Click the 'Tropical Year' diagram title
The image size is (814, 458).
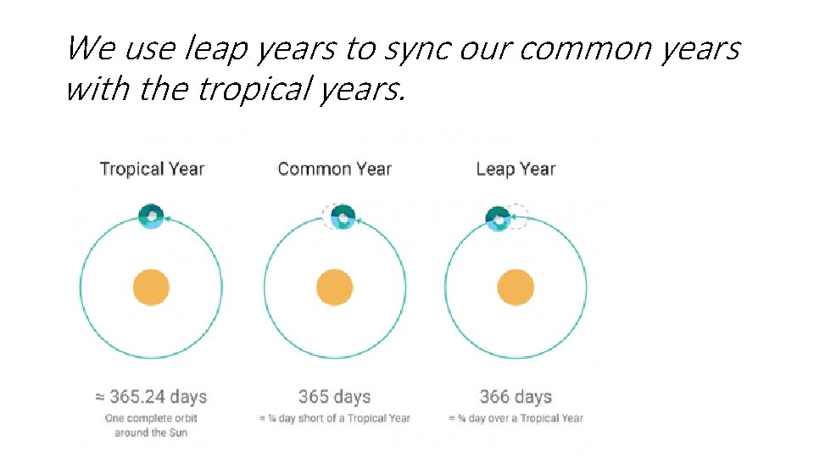point(152,168)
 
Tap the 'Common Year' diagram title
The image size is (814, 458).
point(334,168)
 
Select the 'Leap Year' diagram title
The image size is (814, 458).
point(516,168)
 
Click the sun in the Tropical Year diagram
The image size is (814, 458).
point(151,288)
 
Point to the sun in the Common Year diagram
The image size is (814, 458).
point(334,288)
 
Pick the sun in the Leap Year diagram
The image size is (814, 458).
point(516,288)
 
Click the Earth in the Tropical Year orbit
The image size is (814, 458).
point(151,216)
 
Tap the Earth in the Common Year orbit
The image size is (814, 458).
point(343,217)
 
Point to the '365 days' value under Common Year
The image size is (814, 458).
point(334,397)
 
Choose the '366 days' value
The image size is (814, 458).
point(516,397)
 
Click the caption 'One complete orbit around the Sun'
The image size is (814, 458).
point(151,425)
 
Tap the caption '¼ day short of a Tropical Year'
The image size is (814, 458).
point(334,418)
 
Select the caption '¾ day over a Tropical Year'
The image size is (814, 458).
point(516,418)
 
